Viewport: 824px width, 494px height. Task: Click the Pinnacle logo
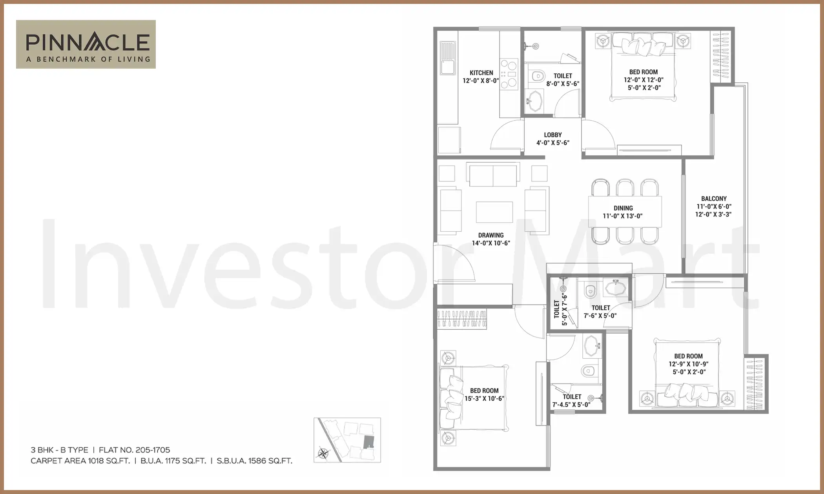pos(86,44)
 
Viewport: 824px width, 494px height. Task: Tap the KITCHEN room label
pos(481,73)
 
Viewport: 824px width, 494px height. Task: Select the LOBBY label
pos(552,135)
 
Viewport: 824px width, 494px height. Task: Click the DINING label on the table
pos(623,208)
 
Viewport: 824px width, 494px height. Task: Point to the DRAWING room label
pos(490,235)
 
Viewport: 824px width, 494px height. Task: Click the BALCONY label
pos(714,199)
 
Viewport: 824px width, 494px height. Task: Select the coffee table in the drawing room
pos(494,212)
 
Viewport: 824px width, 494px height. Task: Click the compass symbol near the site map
pos(323,453)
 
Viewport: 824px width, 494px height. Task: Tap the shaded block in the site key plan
pos(369,442)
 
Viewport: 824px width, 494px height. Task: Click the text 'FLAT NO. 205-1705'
pos(135,450)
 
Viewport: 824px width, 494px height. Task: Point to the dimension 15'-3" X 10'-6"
pos(485,399)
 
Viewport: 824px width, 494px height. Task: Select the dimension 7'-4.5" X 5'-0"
pos(571,405)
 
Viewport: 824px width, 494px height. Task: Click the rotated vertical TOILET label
pos(556,309)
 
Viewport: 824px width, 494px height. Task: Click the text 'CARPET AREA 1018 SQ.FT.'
pos(80,461)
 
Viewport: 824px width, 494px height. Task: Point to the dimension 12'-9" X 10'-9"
pos(689,364)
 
